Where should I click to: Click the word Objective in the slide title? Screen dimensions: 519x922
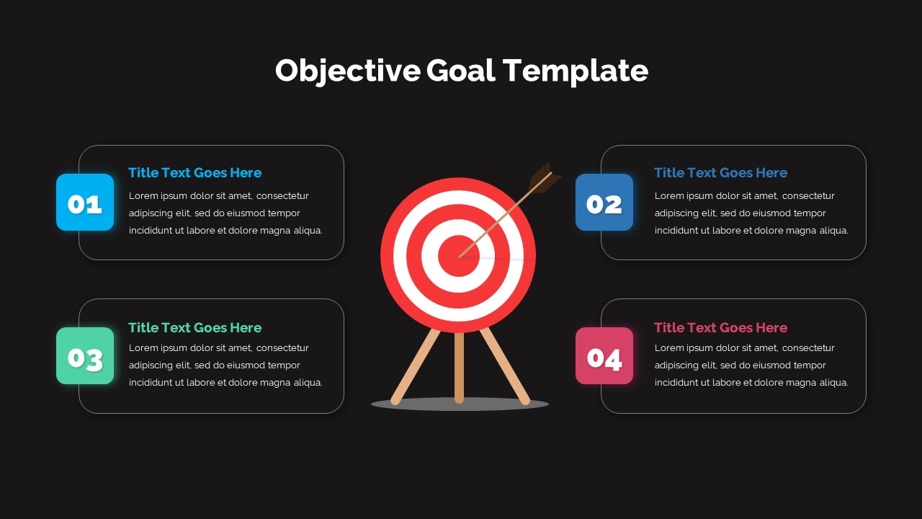[347, 71]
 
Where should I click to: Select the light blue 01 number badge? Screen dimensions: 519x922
[85, 203]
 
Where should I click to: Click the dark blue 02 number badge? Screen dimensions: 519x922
[604, 203]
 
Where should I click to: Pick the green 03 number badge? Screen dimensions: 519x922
[85, 356]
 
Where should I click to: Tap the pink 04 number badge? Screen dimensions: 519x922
[604, 356]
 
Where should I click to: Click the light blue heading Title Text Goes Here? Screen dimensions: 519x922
[194, 173]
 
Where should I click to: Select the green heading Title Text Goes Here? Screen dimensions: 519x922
[194, 328]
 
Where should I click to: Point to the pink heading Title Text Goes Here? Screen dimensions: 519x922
[720, 328]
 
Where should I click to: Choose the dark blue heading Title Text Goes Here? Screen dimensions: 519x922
[720, 173]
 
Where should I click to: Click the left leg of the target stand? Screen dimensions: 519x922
[415, 366]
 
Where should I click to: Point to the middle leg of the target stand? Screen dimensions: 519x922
[459, 368]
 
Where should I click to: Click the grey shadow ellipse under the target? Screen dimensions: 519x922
[432, 405]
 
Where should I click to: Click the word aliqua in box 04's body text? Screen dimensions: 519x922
[831, 383]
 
